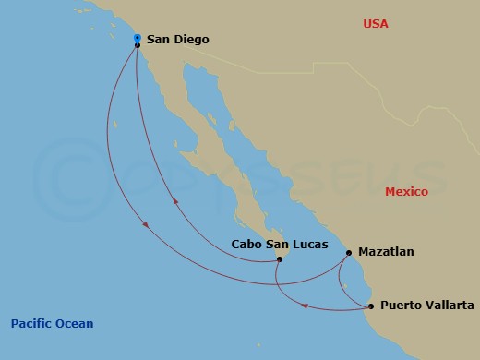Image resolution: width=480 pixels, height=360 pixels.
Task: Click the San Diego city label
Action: click(x=178, y=40)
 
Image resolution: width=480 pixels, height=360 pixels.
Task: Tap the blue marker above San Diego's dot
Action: click(x=137, y=38)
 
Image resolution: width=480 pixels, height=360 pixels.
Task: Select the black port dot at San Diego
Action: click(x=137, y=45)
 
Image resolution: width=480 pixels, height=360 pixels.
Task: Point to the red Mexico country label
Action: click(x=406, y=191)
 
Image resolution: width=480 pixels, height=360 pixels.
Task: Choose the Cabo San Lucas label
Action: click(x=273, y=246)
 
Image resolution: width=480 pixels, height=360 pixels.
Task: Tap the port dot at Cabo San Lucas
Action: click(x=280, y=259)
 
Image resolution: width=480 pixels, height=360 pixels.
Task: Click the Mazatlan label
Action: click(x=386, y=251)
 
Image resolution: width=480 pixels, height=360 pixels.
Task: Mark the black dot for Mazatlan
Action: click(x=349, y=252)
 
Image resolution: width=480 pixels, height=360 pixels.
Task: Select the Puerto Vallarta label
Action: click(x=427, y=306)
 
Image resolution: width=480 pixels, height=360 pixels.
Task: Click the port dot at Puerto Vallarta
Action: click(x=371, y=306)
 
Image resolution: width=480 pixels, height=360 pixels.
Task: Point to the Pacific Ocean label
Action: click(x=53, y=323)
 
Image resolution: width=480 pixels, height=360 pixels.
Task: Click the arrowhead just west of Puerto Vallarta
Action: click(x=306, y=306)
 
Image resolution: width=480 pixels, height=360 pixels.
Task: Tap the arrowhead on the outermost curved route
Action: click(x=145, y=228)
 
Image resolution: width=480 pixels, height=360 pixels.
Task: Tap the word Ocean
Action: click(x=76, y=323)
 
